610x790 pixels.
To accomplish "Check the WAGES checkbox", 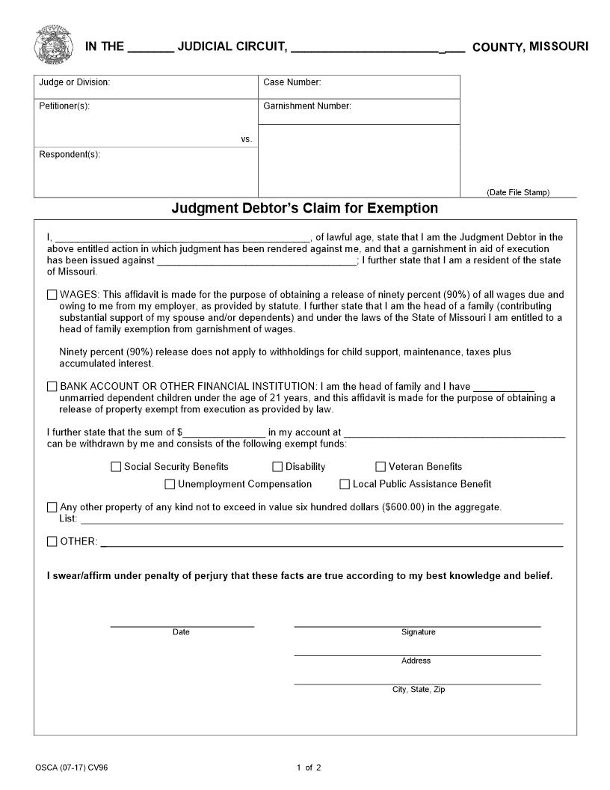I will coord(52,295).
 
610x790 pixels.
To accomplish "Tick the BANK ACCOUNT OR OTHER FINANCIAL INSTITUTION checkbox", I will coord(52,387).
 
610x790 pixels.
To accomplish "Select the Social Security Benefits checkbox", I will coord(116,467).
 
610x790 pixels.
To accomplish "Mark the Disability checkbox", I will coord(277,467).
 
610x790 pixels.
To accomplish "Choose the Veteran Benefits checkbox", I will coord(381,467).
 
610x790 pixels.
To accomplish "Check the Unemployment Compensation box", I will coord(170,484).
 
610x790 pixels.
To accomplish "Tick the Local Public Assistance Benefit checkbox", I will coord(345,484).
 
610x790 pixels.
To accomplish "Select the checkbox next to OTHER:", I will coord(52,542).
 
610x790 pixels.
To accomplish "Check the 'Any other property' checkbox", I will coord(52,507).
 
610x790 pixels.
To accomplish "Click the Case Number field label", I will coord(292,82).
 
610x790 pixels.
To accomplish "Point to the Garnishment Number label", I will coord(306,106).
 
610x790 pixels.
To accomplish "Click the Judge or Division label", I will coord(74,82).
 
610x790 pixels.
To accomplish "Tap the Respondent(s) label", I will coord(70,154).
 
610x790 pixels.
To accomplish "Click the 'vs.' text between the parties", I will coord(246,139).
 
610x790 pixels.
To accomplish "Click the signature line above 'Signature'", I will coord(417,625).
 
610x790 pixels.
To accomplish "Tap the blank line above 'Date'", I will coord(182,625).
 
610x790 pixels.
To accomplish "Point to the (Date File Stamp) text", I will coord(518,192).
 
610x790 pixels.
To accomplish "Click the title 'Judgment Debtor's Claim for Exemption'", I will coord(304,208).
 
